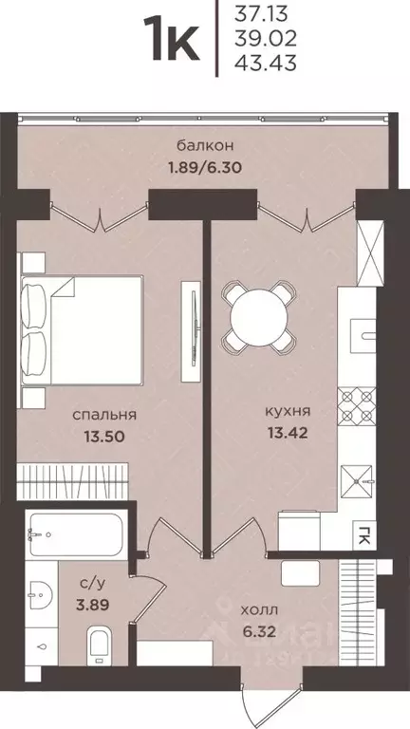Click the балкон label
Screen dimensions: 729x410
coord(205,145)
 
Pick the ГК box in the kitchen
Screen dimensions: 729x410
coord(363,533)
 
